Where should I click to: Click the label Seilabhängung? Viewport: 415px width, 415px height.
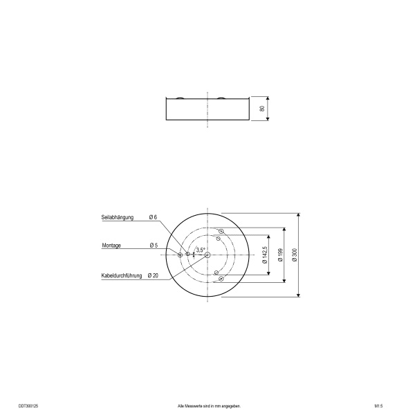coord(118,217)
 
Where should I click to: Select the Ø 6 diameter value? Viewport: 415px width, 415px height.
coord(153,217)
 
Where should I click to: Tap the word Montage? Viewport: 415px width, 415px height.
coord(111,246)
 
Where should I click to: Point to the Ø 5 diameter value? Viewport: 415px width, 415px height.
coord(154,246)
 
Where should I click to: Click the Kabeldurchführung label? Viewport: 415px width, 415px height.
coord(122,275)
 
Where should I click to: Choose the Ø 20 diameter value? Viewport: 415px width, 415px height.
coord(153,275)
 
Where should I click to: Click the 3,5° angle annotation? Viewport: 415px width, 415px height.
coord(201,250)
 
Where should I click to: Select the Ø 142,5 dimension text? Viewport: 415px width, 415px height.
coord(265,255)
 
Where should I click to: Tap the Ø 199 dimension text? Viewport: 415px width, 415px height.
coord(281,255)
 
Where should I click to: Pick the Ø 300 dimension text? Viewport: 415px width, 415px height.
coord(295,255)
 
